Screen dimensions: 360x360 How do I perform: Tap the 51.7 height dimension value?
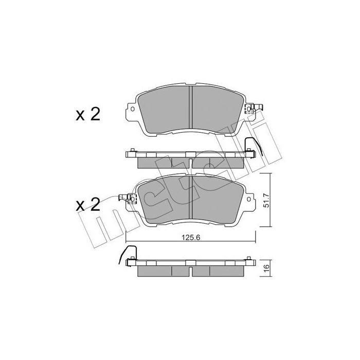coord(265,200)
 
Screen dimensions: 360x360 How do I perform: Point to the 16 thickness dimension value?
coord(265,268)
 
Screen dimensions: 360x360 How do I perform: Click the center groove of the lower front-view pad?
coord(191,198)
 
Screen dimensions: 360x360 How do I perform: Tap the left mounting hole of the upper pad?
coord(132,109)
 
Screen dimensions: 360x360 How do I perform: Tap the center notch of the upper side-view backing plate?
coord(191,154)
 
